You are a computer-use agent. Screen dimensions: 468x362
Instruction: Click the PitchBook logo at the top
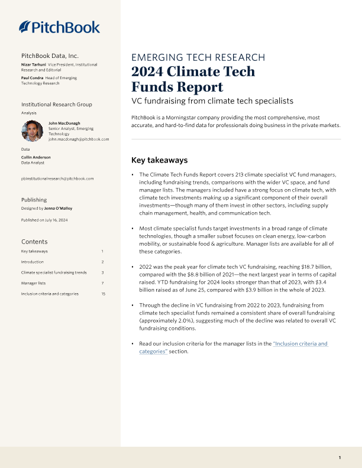59,27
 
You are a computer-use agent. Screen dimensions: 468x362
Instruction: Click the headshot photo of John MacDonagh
31,130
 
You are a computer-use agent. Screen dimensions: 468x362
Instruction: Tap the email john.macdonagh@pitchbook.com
79,139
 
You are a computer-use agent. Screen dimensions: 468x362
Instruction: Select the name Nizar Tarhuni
34,64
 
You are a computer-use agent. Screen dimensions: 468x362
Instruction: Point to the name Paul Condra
33,77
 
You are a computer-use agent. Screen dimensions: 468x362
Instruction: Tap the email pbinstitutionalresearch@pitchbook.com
57,178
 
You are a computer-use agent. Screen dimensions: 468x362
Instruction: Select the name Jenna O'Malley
57,209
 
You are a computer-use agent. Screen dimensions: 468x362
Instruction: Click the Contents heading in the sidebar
34,242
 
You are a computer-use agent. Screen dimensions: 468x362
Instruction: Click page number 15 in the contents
103,294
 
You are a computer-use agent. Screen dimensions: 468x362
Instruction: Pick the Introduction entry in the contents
33,262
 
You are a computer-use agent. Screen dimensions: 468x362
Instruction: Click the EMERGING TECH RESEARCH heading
198,58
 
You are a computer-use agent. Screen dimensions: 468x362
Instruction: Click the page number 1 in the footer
340,458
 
